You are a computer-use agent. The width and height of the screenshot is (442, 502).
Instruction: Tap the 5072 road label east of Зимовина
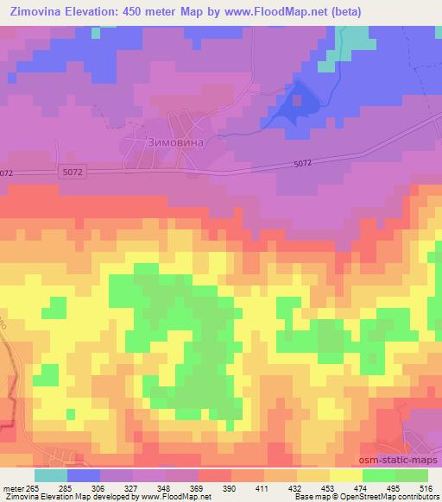(303, 164)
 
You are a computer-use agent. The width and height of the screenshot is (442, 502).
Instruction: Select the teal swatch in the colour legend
(50, 475)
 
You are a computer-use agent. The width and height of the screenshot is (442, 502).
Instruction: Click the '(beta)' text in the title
(343, 12)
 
